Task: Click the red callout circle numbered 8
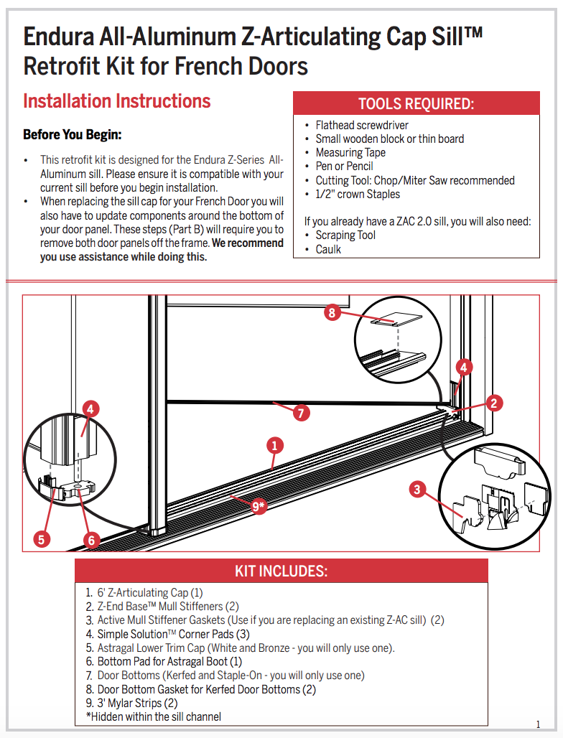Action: point(332,313)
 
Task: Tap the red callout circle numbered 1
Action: point(274,445)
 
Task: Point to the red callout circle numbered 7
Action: point(302,413)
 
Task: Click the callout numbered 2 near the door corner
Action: point(493,403)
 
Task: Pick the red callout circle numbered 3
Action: point(417,490)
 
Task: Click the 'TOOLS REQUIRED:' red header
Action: point(416,103)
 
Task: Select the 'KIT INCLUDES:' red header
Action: point(281,571)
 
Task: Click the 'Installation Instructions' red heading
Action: point(117,101)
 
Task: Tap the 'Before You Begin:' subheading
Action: point(72,135)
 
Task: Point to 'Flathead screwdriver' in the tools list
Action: point(362,125)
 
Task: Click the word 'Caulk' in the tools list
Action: point(328,249)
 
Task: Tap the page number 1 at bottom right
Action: point(538,724)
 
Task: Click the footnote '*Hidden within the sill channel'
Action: point(154,716)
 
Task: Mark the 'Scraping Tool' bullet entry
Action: point(345,235)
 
